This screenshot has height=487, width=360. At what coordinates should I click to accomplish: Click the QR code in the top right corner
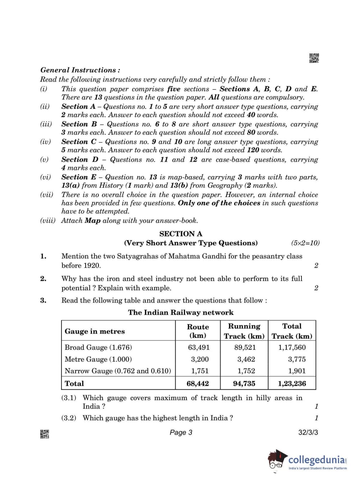[314, 58]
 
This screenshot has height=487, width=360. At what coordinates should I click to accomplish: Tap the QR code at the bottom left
[45, 434]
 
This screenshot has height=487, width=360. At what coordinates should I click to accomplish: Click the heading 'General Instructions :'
[80, 70]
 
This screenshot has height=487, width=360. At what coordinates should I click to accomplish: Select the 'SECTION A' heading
[181, 234]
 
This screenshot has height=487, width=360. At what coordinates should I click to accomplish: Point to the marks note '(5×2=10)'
[305, 243]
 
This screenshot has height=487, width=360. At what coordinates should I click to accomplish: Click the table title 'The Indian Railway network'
[181, 312]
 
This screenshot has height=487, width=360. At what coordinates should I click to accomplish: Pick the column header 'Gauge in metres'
[95, 331]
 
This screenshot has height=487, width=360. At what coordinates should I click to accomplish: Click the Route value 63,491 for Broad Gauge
[199, 347]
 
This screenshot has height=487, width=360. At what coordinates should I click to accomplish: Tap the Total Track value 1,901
[297, 371]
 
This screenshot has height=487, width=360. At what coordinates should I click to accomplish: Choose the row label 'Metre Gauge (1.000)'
[98, 359]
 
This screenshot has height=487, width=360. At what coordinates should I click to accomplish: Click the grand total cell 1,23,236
[292, 384]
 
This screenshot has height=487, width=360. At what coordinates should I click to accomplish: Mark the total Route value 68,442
[198, 384]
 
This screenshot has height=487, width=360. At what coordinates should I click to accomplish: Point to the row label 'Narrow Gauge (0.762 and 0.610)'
[118, 371]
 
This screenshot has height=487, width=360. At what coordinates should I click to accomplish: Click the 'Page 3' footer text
[181, 432]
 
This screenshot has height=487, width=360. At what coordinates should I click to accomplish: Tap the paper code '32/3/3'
[308, 432]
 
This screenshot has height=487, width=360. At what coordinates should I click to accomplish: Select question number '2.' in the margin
[43, 279]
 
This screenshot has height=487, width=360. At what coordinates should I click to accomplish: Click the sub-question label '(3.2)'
[69, 418]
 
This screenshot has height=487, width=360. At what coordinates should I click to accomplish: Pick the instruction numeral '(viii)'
[48, 221]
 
